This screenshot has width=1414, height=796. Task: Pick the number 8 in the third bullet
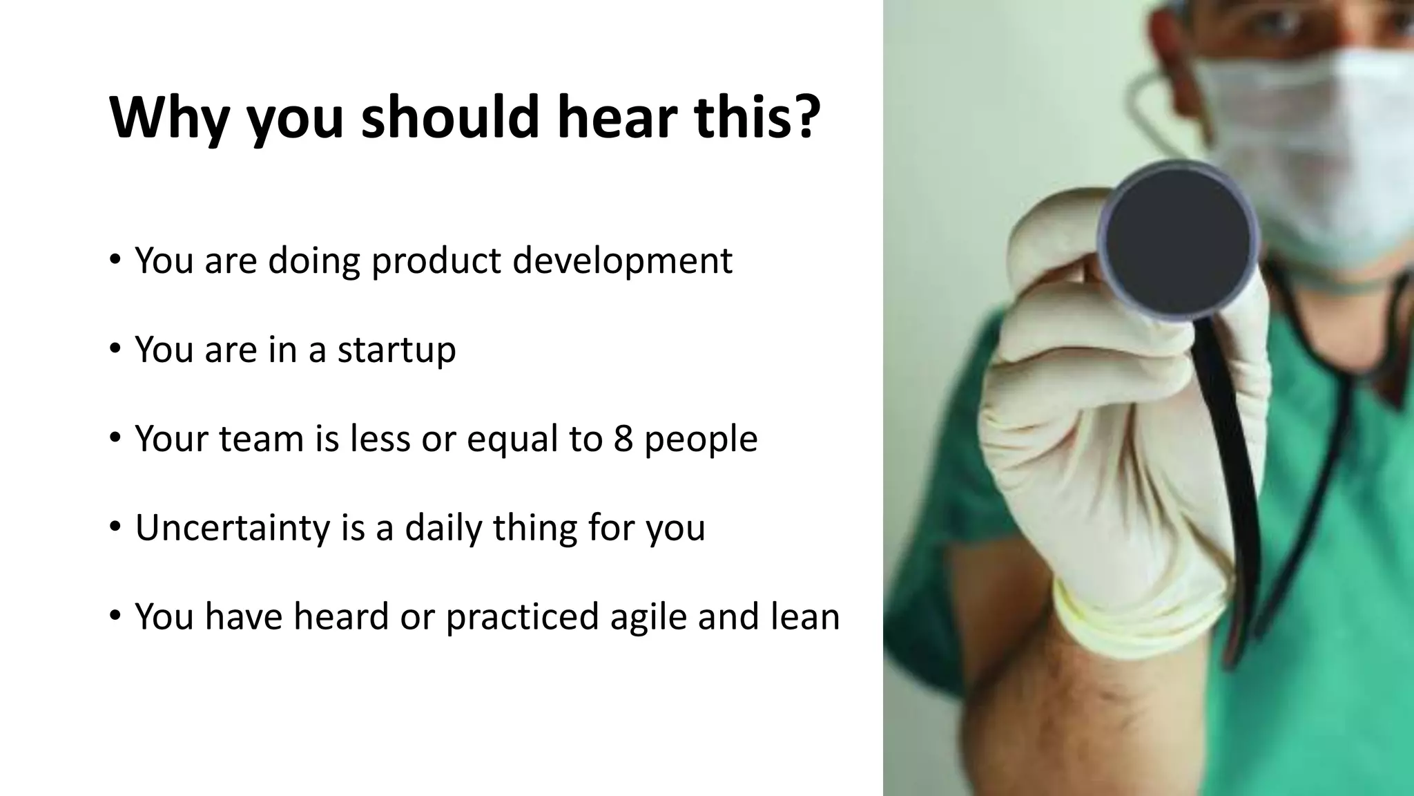pyautogui.click(x=623, y=439)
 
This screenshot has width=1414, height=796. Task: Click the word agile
pyautogui.click(x=648, y=617)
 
